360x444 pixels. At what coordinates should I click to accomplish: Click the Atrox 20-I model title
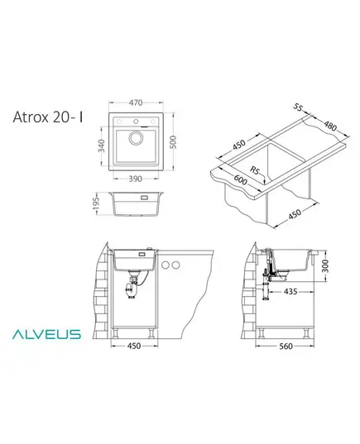tap(48, 117)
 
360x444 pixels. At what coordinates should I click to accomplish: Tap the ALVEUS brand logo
tap(46, 334)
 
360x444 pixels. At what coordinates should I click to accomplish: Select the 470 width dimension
tap(136, 103)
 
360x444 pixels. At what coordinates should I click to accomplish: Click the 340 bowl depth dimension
tap(101, 146)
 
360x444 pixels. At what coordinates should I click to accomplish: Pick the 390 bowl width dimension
tap(136, 179)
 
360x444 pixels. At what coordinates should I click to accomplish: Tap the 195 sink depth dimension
tap(96, 204)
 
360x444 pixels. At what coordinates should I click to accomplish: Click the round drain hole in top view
tap(136, 138)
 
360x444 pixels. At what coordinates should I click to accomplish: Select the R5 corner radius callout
tap(255, 170)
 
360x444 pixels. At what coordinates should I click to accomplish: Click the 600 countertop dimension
tap(240, 179)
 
